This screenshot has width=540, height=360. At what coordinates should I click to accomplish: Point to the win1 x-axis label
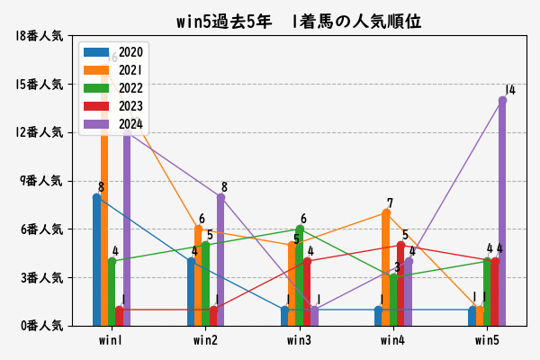click(x=112, y=340)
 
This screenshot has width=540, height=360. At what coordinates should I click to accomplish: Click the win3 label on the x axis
click(x=300, y=340)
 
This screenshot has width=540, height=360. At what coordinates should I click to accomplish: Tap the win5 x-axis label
click(x=487, y=340)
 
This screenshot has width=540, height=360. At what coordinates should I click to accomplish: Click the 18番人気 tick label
click(x=38, y=36)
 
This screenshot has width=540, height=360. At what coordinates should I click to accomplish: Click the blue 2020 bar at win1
click(x=96, y=261)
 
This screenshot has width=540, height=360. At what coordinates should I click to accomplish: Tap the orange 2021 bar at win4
click(x=386, y=269)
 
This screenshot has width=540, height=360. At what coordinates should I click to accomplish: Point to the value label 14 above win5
click(x=510, y=90)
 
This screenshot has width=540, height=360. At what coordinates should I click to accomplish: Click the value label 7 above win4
click(x=390, y=203)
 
